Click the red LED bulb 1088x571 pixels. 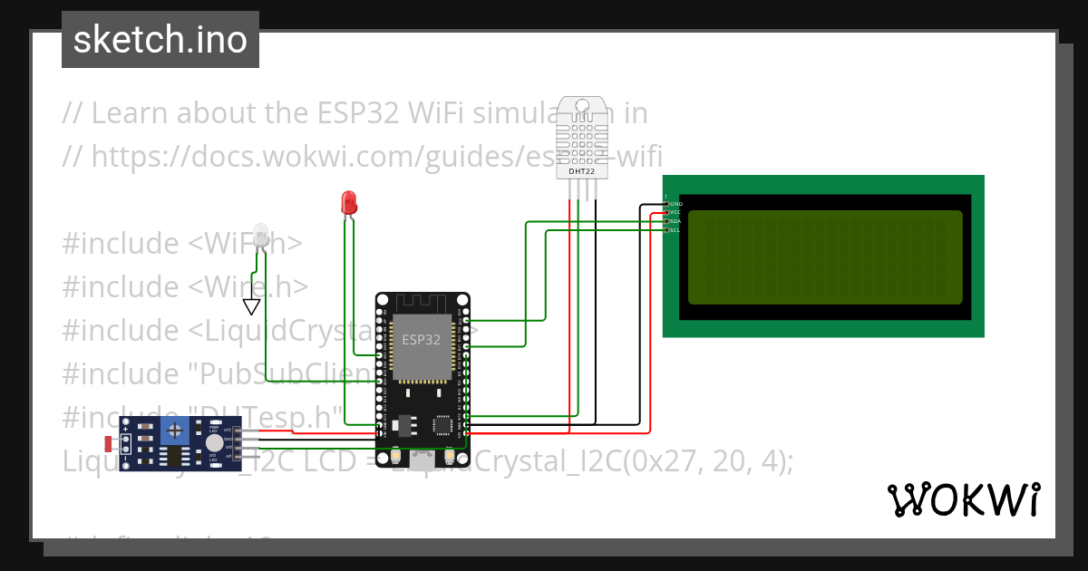coord(347,202)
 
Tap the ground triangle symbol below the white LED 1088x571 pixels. coord(252,306)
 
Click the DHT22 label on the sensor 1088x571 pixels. coord(581,170)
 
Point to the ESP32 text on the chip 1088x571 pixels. coord(422,341)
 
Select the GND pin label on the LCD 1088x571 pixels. coord(675,204)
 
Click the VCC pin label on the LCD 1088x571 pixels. coord(675,212)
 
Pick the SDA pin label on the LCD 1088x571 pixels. coord(675,221)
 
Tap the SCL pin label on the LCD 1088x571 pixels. coord(675,230)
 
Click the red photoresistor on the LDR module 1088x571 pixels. coord(110,444)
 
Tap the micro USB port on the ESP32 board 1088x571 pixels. coord(423,460)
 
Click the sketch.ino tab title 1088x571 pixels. coord(160,40)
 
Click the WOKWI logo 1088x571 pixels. coord(963,499)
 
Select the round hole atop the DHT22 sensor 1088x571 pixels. coord(581,106)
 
